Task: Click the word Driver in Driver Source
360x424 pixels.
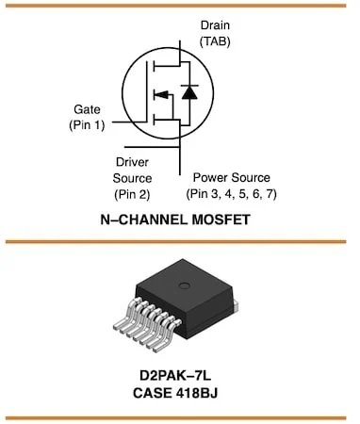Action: tap(133, 161)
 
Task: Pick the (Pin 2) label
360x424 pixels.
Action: tap(133, 193)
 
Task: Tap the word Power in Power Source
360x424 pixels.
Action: tap(213, 177)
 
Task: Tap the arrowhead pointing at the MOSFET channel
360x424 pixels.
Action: tap(160, 93)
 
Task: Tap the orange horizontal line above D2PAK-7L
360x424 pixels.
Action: tap(179, 244)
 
